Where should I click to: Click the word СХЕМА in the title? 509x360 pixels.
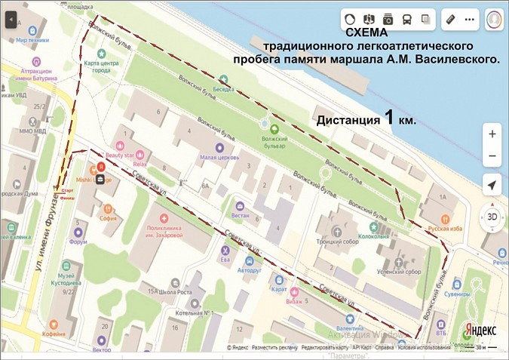(369, 34)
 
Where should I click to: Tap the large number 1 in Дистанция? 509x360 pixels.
(389, 118)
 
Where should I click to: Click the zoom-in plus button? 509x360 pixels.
(492, 134)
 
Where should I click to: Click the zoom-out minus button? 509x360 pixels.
(492, 156)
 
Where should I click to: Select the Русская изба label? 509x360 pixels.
(444, 228)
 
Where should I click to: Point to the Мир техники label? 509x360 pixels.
(32, 39)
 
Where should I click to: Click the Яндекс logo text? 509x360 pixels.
(479, 330)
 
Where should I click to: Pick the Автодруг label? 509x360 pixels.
(249, 269)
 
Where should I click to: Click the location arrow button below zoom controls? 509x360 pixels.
(492, 186)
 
